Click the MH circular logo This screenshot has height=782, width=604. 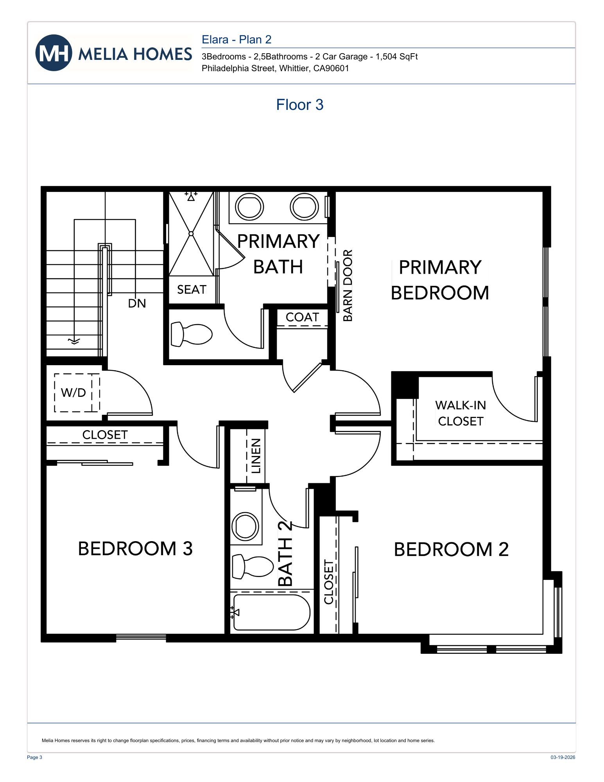point(54,53)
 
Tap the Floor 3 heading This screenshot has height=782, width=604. point(299,105)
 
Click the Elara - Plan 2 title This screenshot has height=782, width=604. point(236,39)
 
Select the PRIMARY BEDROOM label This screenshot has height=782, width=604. point(439,280)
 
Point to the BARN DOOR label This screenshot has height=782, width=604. point(348,285)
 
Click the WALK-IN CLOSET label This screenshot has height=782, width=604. point(461,413)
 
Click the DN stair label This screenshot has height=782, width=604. point(137,303)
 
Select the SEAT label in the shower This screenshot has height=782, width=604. point(192,290)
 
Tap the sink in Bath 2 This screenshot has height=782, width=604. point(245,526)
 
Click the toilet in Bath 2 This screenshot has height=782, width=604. point(252,566)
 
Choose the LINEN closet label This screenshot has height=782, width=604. point(256,456)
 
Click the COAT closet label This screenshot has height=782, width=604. point(302,317)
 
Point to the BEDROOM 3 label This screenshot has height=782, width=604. point(135,549)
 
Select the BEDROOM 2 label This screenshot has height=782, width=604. point(451,549)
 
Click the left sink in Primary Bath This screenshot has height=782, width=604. point(249,207)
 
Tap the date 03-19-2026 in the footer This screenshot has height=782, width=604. point(563,757)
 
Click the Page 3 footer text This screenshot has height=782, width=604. point(34,757)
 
